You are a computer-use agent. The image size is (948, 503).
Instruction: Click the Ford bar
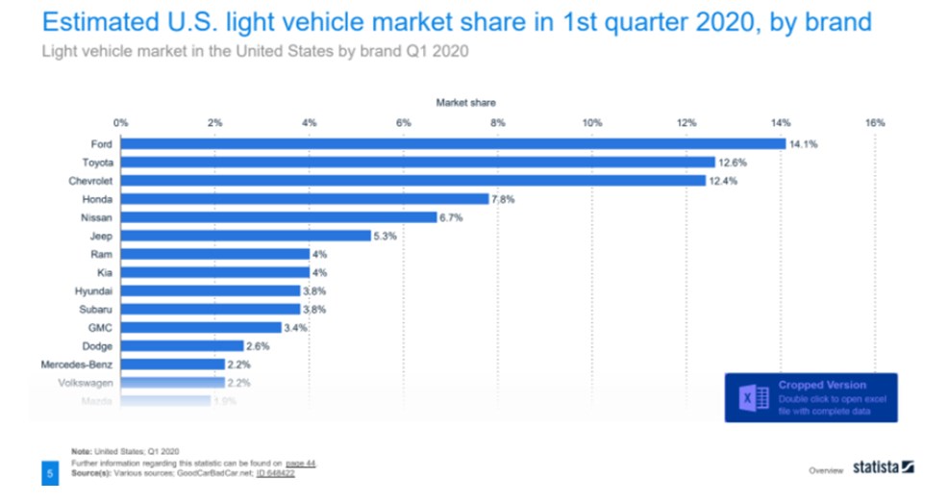tap(452, 144)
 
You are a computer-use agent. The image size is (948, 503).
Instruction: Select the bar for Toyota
tap(417, 163)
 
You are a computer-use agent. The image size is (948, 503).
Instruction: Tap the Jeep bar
tap(245, 236)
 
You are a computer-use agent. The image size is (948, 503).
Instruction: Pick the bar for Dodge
tap(182, 345)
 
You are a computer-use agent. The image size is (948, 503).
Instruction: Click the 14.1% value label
tap(804, 144)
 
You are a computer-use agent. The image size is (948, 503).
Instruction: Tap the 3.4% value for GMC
tap(297, 327)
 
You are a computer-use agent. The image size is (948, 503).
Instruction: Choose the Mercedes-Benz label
tap(77, 365)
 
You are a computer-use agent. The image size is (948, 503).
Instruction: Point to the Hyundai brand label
tap(93, 290)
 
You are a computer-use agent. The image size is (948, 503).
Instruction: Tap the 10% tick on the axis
tap(591, 122)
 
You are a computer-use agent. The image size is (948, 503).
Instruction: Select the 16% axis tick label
tap(874, 122)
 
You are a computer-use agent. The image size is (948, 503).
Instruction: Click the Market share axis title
tap(466, 101)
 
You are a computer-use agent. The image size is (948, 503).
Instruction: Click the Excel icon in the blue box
tap(751, 398)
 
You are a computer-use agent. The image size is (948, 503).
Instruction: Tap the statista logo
tap(884, 468)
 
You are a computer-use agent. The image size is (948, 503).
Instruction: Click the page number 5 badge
tap(49, 473)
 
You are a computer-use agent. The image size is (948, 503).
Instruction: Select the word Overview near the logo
tap(826, 470)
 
